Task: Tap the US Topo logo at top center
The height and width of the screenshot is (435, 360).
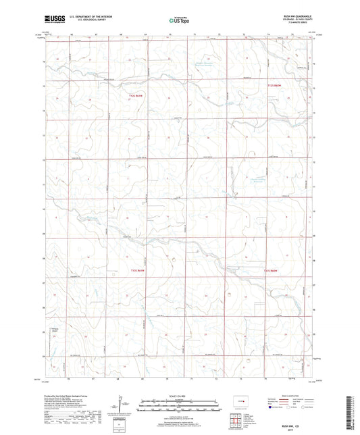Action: click(179, 22)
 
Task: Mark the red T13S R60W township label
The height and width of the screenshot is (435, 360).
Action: click(271, 270)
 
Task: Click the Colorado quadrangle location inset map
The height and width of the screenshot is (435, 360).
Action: click(240, 402)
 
